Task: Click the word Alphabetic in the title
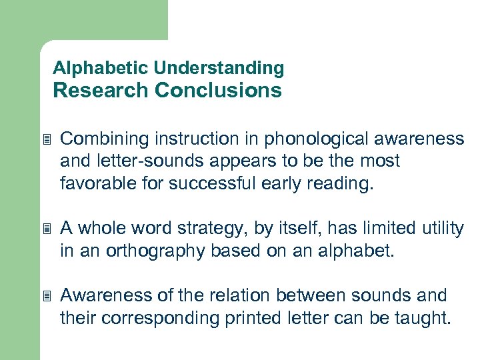point(100,68)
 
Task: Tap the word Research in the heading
point(101,90)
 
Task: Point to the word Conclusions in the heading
point(218,90)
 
